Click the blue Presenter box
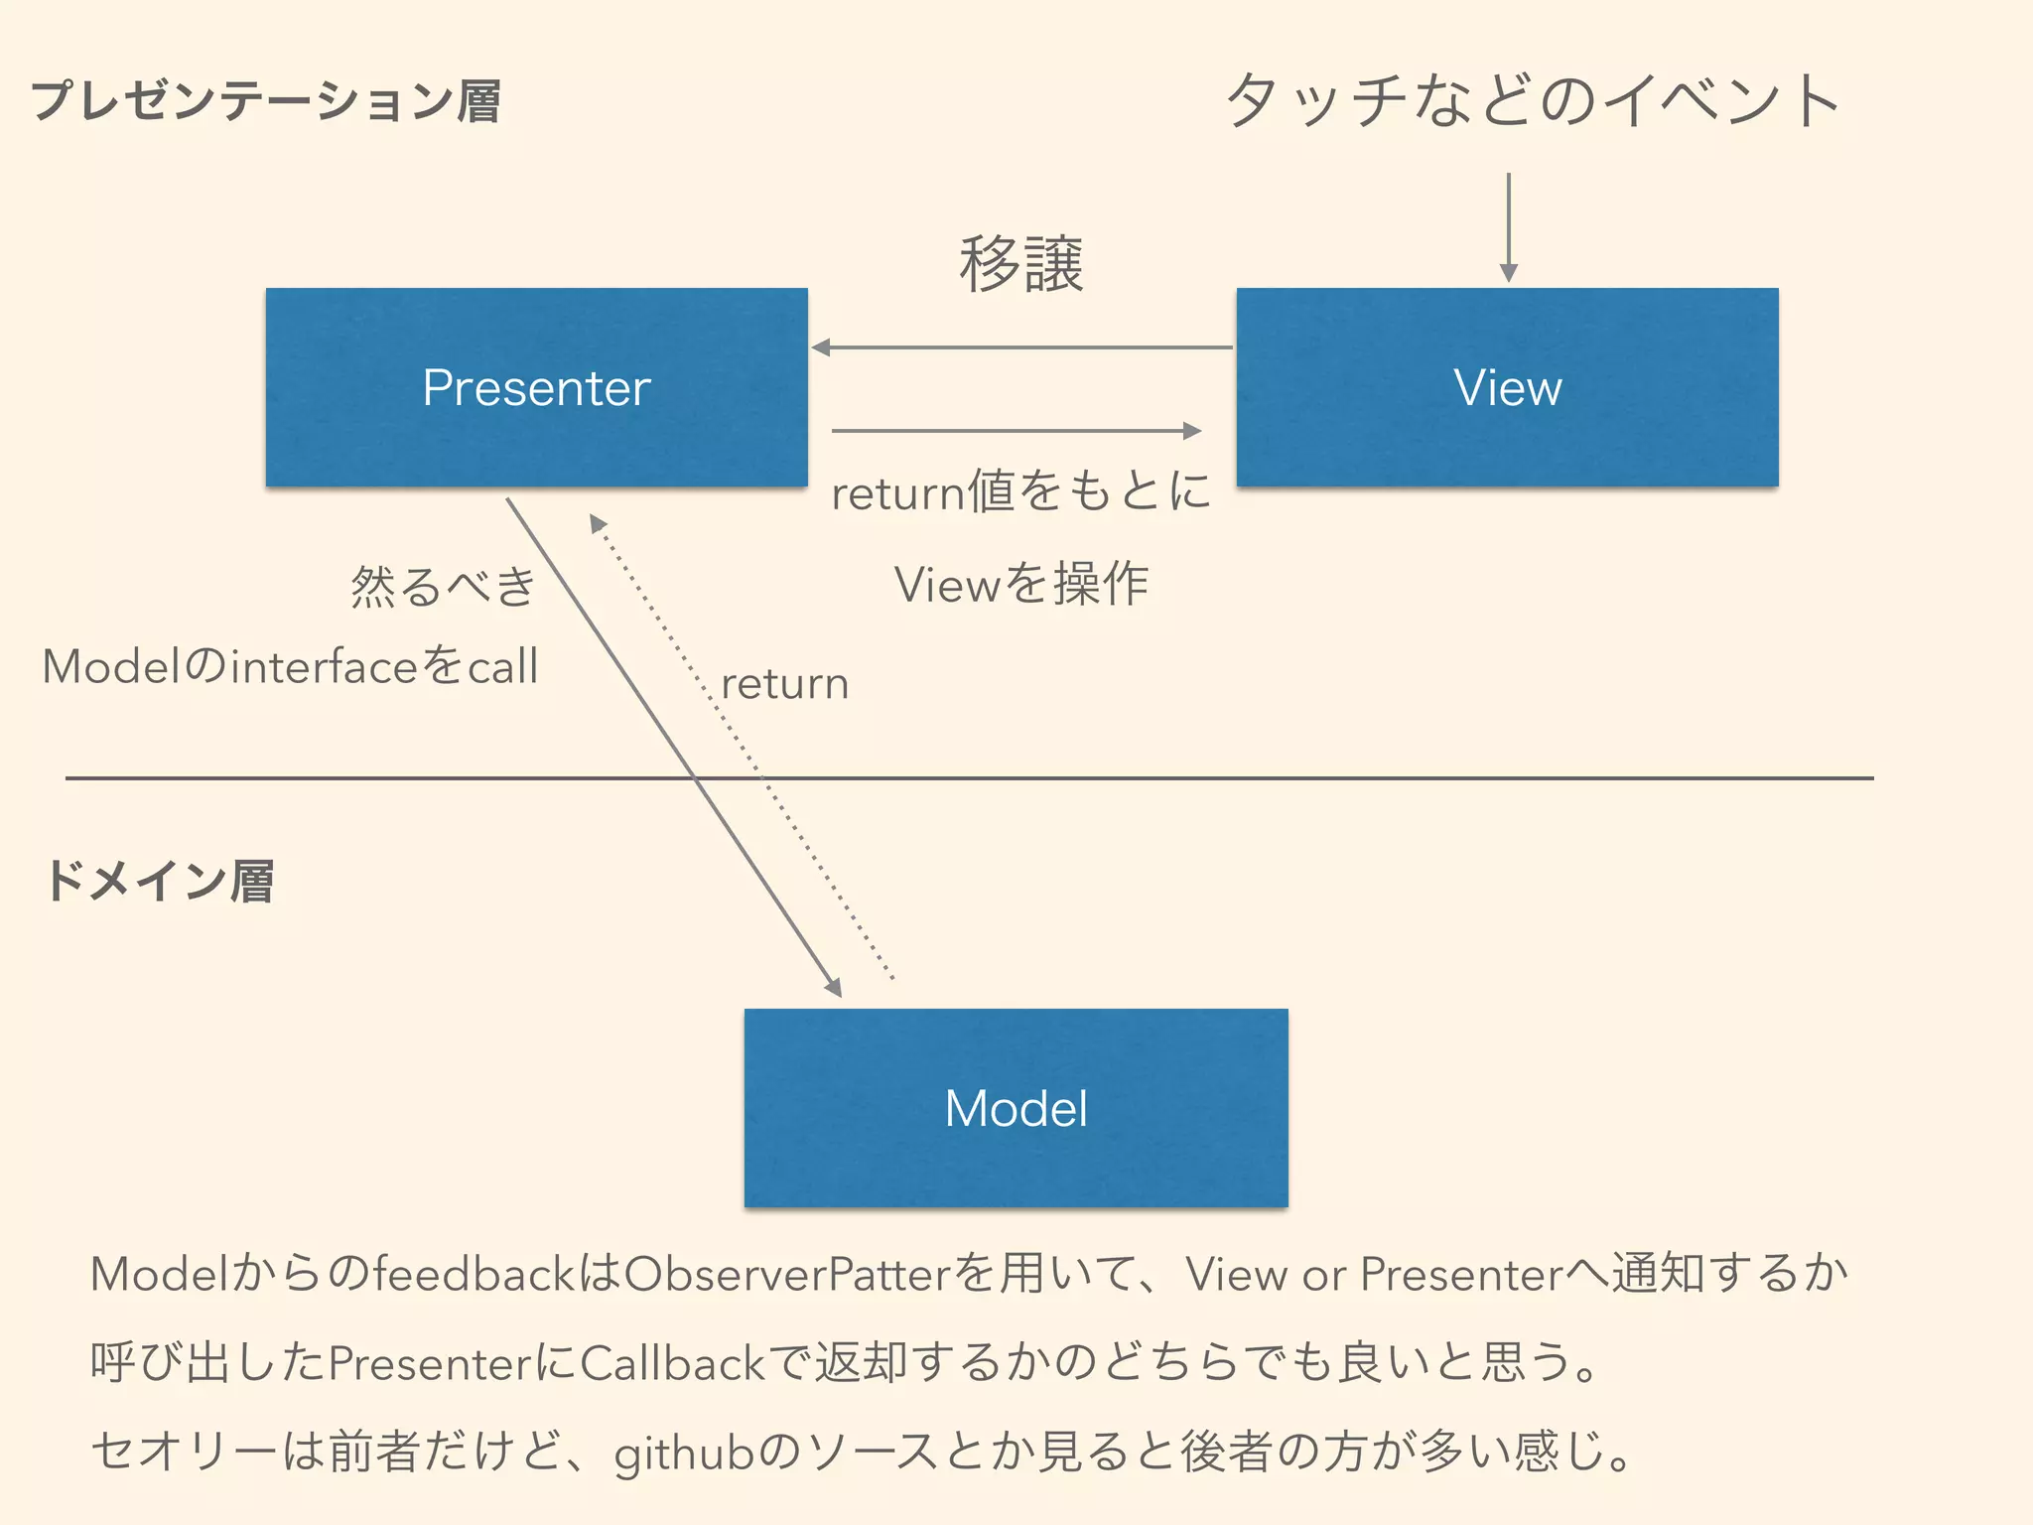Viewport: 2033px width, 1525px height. tap(536, 387)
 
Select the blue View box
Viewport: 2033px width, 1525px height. tap(1507, 387)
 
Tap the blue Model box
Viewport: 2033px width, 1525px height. tap(1016, 1108)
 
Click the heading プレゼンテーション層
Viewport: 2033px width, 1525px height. tap(266, 101)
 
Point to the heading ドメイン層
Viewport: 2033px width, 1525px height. tap(159, 882)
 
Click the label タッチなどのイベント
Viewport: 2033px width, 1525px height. tap(1533, 101)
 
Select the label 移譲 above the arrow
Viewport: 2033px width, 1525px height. tap(1020, 264)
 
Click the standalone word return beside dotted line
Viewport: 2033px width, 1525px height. tap(784, 684)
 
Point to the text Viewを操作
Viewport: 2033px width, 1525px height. tap(1020, 584)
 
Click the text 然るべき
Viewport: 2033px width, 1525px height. tap(443, 586)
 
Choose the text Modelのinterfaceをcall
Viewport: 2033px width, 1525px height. tap(290, 666)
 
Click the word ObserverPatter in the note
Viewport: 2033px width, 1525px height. tap(788, 1275)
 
